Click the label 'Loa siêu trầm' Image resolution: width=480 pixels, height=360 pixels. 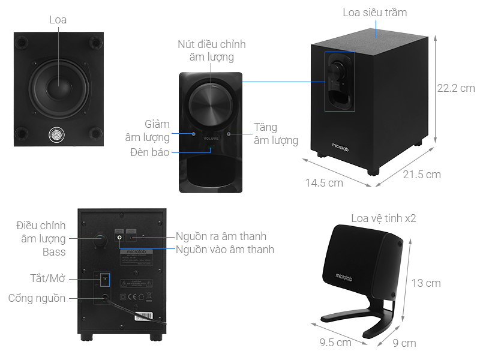click(374, 12)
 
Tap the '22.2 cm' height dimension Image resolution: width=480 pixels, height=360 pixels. click(455, 88)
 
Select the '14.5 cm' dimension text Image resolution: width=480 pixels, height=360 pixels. click(323, 183)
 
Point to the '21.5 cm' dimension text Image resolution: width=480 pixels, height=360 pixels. click(421, 175)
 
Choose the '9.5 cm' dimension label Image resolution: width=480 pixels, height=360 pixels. click(335, 343)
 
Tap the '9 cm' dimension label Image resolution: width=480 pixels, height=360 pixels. click(404, 343)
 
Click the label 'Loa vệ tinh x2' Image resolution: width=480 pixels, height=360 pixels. click(383, 218)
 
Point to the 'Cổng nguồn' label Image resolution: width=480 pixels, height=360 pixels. click(37, 298)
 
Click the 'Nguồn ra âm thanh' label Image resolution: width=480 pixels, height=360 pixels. click(221, 236)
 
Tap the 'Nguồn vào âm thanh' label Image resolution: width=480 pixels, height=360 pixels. click(225, 249)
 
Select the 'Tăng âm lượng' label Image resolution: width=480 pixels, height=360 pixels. click(275, 134)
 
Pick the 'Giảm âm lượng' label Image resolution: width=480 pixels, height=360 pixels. click(148, 131)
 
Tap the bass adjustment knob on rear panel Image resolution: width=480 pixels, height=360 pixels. click(100, 240)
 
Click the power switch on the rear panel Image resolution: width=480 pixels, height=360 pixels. click(106, 279)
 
